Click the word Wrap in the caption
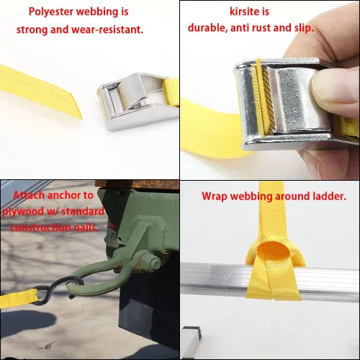pos(215,197)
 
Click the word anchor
pos(63,195)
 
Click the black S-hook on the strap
pos(57,290)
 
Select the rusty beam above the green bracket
pos(137,184)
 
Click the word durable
pos(207,28)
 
